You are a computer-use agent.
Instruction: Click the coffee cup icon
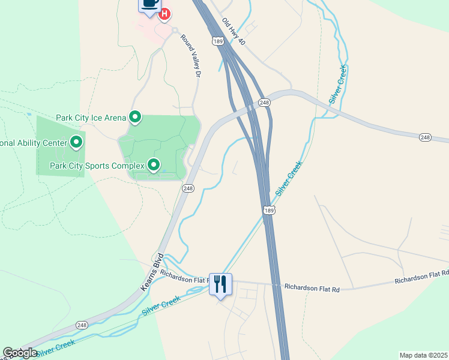(150, 4)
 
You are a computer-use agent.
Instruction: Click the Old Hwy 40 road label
(234, 31)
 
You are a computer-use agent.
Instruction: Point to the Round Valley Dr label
(189, 56)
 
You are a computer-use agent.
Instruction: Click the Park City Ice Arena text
(91, 118)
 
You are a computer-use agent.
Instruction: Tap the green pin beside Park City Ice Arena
(136, 118)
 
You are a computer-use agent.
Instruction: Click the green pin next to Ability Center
(76, 143)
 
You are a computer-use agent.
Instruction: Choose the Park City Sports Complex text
(97, 165)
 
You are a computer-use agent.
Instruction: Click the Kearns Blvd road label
(152, 272)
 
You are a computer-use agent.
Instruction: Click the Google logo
(20, 353)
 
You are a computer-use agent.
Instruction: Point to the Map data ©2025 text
(423, 355)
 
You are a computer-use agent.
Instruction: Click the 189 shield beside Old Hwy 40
(217, 41)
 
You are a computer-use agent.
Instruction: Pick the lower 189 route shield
(268, 209)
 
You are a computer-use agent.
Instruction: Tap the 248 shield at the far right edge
(425, 138)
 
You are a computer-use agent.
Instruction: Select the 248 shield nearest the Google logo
(82, 325)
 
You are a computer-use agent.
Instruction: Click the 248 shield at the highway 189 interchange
(265, 103)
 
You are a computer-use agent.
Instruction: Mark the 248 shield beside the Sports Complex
(188, 188)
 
